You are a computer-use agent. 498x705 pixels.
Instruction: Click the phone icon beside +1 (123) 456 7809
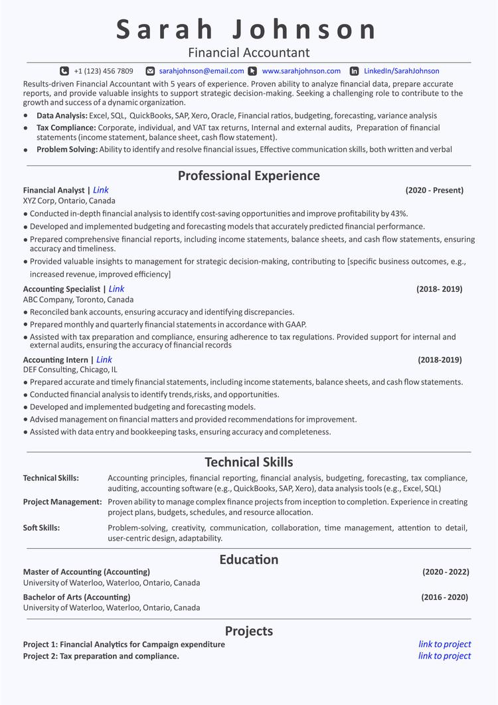pyautogui.click(x=64, y=71)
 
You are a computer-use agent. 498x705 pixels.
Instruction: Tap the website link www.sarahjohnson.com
pyautogui.click(x=301, y=71)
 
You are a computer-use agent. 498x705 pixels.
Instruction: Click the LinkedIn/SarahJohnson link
pyautogui.click(x=401, y=71)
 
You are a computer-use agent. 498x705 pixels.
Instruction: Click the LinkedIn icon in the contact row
pyautogui.click(x=354, y=71)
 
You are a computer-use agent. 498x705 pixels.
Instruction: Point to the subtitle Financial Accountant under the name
pyautogui.click(x=249, y=52)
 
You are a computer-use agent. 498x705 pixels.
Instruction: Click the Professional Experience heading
pyautogui.click(x=249, y=176)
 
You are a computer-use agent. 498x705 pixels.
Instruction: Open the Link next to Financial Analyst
pyautogui.click(x=101, y=190)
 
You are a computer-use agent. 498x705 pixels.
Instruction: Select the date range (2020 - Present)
pyautogui.click(x=434, y=191)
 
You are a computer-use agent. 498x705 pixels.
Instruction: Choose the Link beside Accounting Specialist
pyautogui.click(x=116, y=289)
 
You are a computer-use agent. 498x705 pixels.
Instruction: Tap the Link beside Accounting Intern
pyautogui.click(x=104, y=360)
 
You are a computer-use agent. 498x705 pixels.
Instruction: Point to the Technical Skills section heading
pyautogui.click(x=249, y=462)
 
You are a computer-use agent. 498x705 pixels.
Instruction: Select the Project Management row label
pyautogui.click(x=62, y=502)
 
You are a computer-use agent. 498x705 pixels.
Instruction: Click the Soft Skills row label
pyautogui.click(x=41, y=528)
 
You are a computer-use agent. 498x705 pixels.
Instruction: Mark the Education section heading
pyautogui.click(x=249, y=559)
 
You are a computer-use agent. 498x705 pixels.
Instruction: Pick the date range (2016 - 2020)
pyautogui.click(x=444, y=597)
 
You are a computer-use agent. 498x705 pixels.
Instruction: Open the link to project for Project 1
pyautogui.click(x=444, y=645)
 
